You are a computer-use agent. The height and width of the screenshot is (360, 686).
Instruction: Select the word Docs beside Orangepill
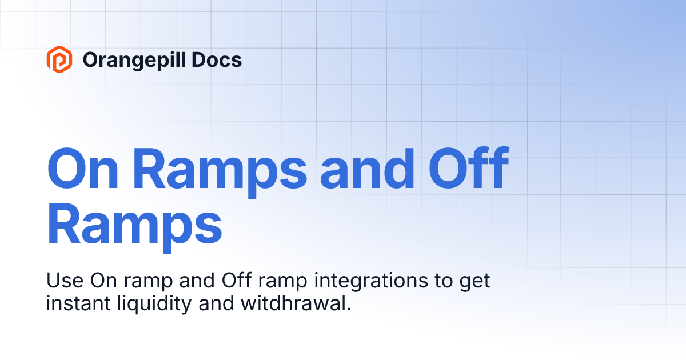(220, 59)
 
